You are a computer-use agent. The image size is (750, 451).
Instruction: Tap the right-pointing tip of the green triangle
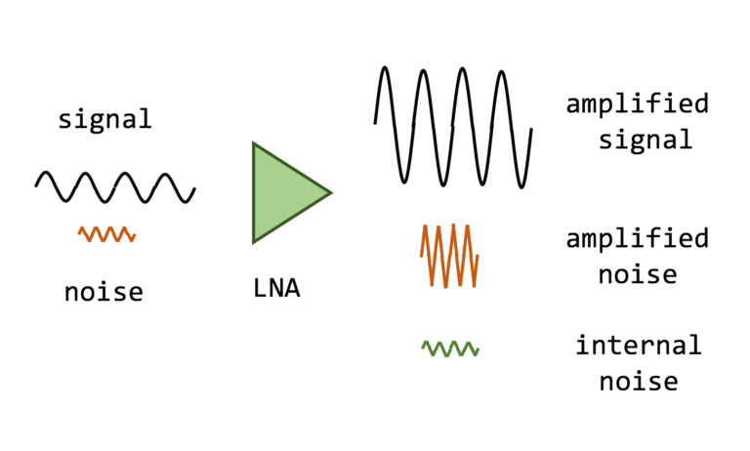[x=329, y=192]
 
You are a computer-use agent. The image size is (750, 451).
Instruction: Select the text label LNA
[x=276, y=288]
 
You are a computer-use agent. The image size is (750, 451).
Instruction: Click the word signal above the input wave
[x=104, y=119]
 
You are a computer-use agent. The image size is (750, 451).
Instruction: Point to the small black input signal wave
[x=115, y=186]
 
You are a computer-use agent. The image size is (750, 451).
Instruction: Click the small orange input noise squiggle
[x=106, y=234]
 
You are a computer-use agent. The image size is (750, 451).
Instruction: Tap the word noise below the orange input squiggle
[x=104, y=291]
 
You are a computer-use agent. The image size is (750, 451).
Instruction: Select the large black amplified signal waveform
[x=452, y=125]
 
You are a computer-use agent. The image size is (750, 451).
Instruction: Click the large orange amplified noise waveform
[x=450, y=255]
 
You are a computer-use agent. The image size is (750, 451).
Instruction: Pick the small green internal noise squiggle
[x=450, y=348]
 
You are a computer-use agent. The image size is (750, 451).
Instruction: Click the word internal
[x=638, y=345]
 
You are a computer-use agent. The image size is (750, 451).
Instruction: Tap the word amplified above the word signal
[x=637, y=103]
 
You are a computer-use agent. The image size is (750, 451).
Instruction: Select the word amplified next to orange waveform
[x=637, y=238]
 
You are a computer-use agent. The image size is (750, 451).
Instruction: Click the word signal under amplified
[x=646, y=140]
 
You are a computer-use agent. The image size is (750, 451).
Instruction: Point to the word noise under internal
[x=638, y=381]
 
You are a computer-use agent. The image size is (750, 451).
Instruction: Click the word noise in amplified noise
[x=638, y=274]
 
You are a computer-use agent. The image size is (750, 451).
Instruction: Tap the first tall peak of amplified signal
[x=386, y=70]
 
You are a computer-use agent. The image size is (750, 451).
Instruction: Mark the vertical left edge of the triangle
[x=254, y=192]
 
